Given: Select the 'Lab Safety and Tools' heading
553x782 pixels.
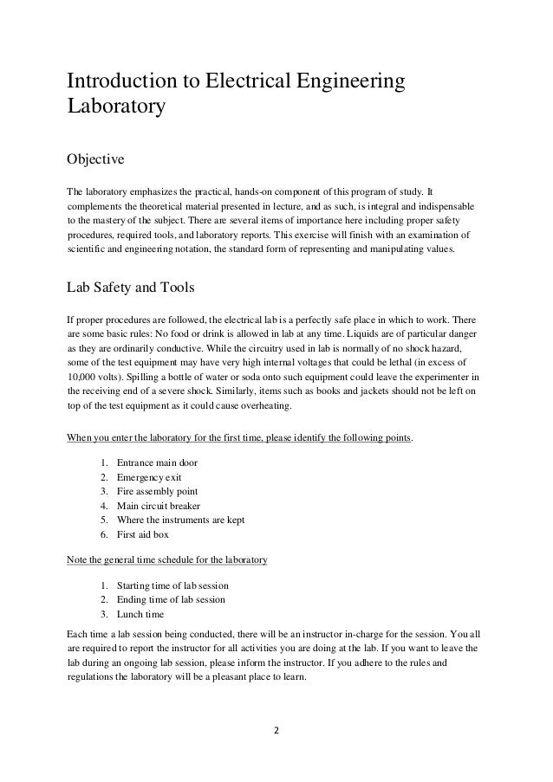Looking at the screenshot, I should coord(136,288).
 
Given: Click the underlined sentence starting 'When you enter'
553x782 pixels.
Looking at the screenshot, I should coord(240,438).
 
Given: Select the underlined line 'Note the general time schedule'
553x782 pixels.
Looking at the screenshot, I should coord(167,560).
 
